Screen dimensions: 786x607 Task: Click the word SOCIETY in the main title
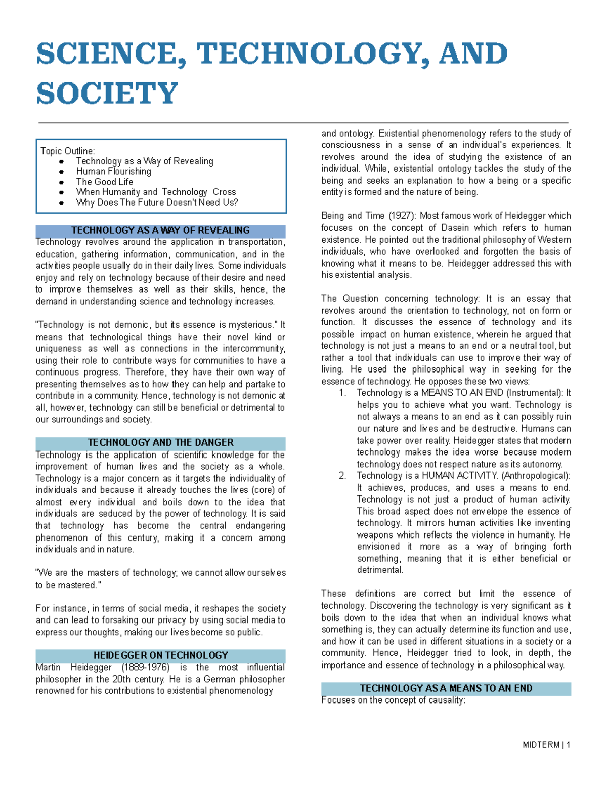(107, 94)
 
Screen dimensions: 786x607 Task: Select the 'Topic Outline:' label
(67, 151)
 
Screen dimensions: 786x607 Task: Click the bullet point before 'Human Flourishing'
(61, 172)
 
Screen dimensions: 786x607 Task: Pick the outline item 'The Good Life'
(105, 182)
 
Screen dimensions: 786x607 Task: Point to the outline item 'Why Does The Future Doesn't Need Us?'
(157, 202)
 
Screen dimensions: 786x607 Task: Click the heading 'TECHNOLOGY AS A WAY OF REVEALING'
(160, 231)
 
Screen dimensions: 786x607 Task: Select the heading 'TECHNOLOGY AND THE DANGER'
(160, 443)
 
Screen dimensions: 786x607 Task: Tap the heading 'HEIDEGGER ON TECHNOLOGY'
(160, 655)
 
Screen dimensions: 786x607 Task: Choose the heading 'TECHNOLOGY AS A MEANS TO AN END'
(446, 688)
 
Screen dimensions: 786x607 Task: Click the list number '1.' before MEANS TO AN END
(342, 393)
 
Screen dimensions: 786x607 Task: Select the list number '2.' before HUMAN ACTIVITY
(342, 476)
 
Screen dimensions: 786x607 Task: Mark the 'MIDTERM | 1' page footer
(546, 745)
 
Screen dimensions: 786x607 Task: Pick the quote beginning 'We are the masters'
(160, 579)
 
